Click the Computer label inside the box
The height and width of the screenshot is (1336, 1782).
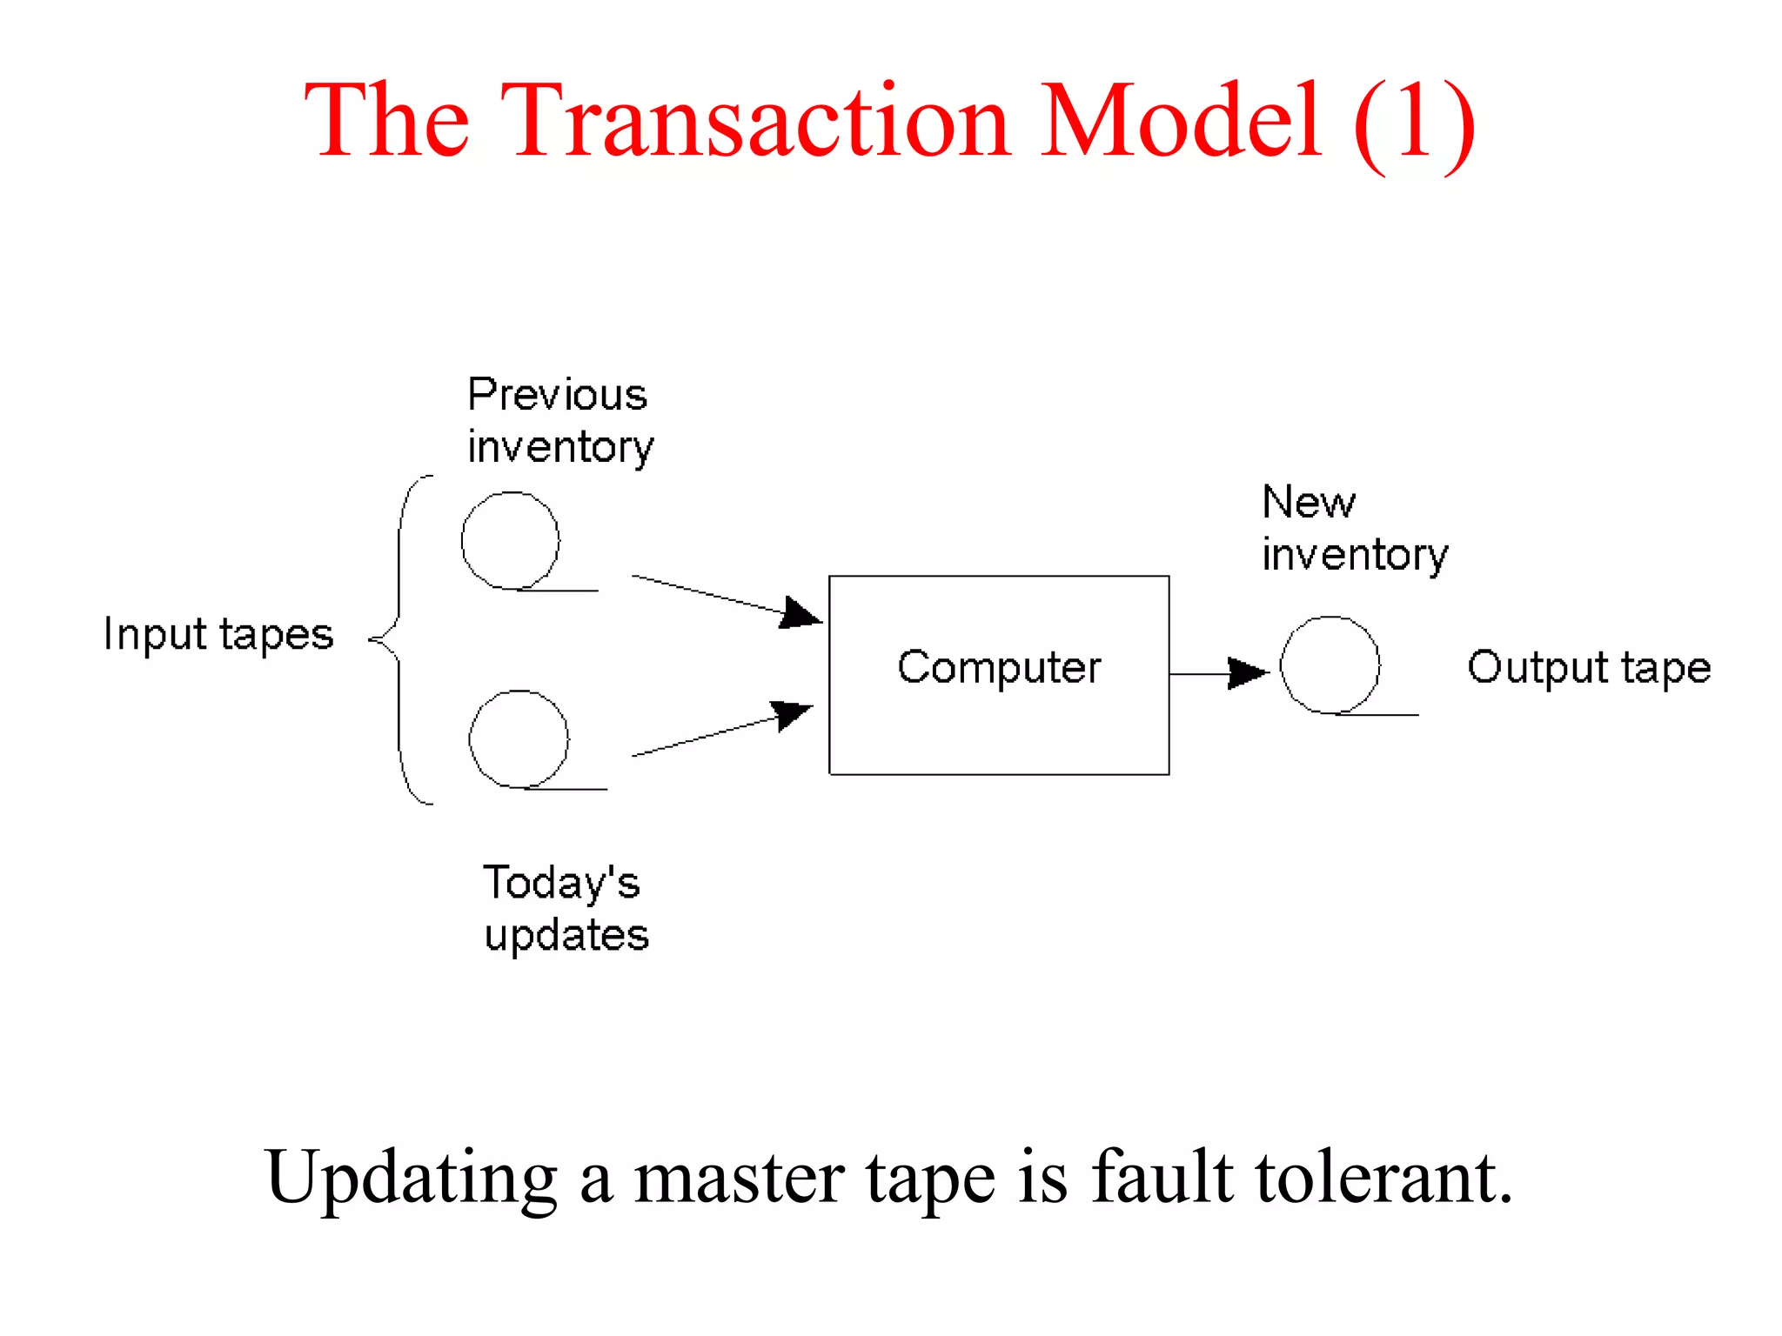(999, 668)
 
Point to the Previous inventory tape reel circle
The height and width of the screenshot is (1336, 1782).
(510, 540)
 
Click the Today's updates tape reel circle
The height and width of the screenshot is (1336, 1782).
(519, 738)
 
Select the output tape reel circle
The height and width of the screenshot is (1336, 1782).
(1330, 665)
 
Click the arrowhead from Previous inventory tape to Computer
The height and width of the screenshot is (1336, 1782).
(801, 612)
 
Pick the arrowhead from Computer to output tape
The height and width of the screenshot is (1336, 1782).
(1247, 672)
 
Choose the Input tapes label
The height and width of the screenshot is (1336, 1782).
(218, 634)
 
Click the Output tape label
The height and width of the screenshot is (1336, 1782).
(1589, 668)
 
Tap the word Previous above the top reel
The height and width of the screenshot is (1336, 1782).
(558, 395)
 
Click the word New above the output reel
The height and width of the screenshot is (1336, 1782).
(1309, 502)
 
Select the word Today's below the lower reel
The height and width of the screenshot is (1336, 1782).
(562, 882)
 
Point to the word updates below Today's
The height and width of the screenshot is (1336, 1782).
(566, 936)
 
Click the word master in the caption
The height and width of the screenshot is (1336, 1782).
(739, 1178)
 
